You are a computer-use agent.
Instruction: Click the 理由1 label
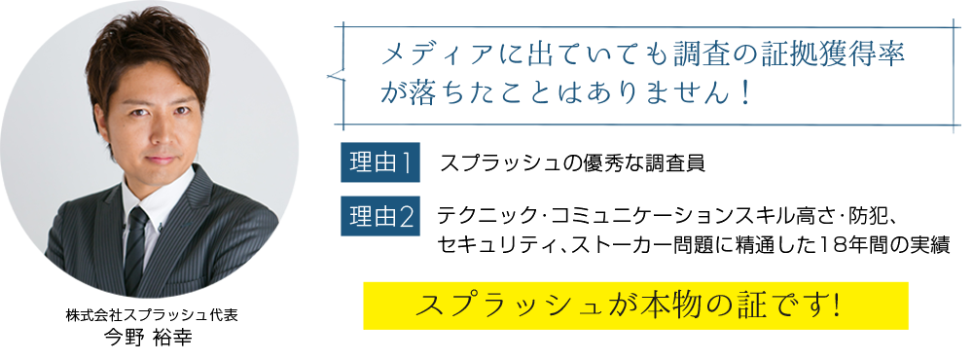(379, 163)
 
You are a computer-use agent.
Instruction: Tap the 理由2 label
(379, 217)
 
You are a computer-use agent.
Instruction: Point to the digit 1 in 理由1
(407, 163)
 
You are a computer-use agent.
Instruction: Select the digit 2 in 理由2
(407, 217)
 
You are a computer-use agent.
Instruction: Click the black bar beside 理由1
(572, 162)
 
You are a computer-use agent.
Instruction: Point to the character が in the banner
(601, 305)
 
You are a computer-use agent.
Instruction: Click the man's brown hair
(146, 49)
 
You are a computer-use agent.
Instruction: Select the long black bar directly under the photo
(151, 315)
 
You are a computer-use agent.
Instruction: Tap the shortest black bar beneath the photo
(147, 338)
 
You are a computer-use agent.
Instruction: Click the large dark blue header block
(637, 76)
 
